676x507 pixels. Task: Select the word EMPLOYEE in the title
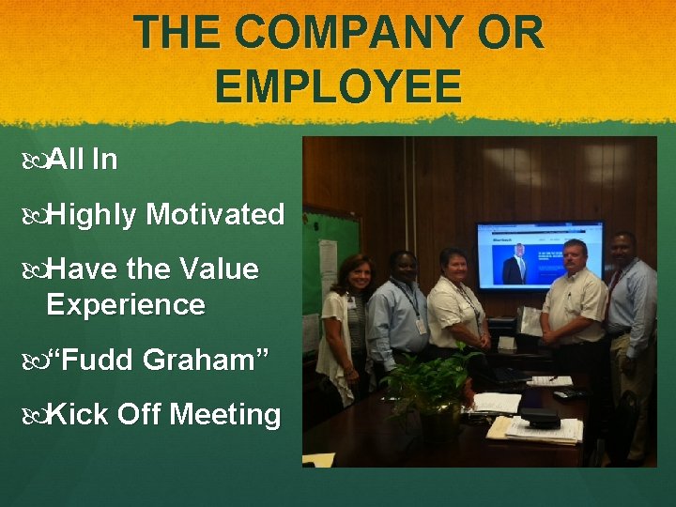[338, 86]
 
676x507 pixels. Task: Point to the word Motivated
[215, 215]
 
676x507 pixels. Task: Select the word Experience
[125, 305]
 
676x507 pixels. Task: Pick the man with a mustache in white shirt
[575, 300]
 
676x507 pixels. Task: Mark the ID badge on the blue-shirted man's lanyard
[420, 324]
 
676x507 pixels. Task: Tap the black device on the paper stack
[540, 419]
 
